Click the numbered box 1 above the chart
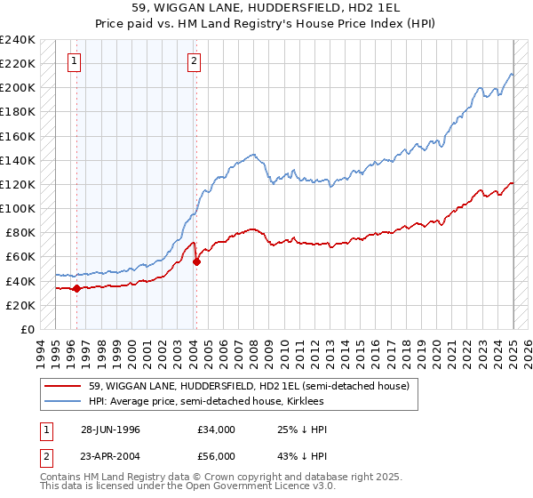(74, 61)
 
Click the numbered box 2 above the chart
(194, 61)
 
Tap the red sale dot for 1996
(77, 288)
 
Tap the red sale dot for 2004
(197, 261)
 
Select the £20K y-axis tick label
(20, 305)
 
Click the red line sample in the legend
(62, 386)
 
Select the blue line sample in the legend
(62, 401)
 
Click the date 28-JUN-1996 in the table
(110, 430)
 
